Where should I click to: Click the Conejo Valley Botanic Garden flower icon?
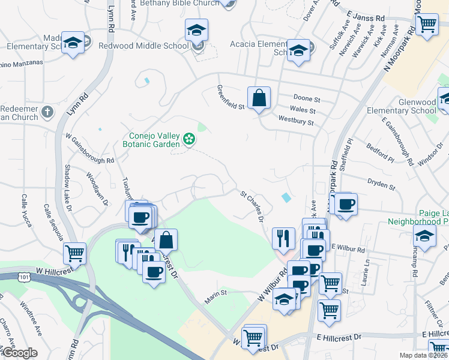tap(189, 139)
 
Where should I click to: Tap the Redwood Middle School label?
tap(143, 46)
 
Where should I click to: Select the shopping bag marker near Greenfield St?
tap(259, 98)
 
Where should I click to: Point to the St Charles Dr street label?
tap(252, 206)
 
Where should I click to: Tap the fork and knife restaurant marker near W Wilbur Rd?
tap(283, 238)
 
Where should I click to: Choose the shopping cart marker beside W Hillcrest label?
tap(74, 253)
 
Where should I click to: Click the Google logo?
tap(19, 353)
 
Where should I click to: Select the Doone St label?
tap(307, 98)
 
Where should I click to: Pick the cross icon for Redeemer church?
tap(47, 112)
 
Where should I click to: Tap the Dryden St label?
tap(379, 184)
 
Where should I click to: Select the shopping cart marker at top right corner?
tap(426, 25)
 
